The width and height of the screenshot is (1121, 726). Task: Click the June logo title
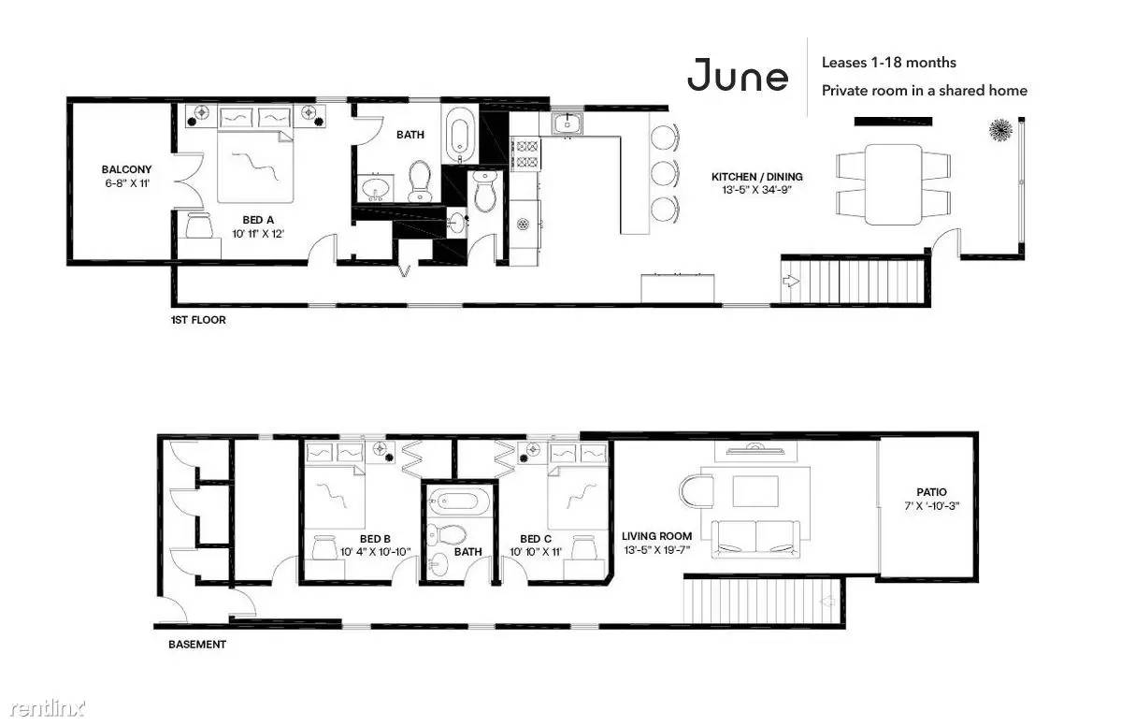(738, 75)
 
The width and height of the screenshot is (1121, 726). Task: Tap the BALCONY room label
(126, 169)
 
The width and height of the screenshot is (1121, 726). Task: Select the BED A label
(258, 220)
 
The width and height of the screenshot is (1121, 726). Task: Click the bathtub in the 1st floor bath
(459, 135)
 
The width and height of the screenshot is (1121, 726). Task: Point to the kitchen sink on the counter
(567, 123)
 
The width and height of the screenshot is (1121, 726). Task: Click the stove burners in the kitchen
(527, 153)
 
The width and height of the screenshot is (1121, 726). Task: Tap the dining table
(893, 184)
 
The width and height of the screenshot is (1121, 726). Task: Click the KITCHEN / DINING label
(757, 177)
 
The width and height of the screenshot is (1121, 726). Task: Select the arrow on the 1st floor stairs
(791, 281)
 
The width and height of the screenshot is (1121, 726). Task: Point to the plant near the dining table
(1000, 129)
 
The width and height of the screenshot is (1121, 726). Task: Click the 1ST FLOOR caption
(198, 320)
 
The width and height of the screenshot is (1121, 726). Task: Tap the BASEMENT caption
(197, 645)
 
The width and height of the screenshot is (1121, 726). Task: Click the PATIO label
(931, 492)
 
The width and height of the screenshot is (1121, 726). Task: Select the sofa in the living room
(755, 539)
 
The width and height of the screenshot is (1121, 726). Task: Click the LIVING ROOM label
(656, 536)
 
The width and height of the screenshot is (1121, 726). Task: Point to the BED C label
(536, 539)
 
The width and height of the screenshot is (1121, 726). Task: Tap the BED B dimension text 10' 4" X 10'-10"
(375, 551)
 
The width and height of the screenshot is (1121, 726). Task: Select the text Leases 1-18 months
(888, 63)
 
